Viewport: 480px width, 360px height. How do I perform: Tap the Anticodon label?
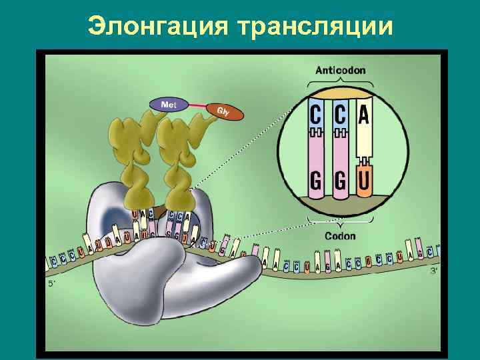(340, 70)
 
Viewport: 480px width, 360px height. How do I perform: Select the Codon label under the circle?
(340, 235)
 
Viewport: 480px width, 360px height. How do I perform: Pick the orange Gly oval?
(224, 111)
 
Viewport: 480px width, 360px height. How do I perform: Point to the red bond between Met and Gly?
(193, 106)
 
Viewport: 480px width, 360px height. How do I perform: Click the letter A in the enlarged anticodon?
(363, 115)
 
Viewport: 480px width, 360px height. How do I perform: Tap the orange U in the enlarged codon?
(363, 181)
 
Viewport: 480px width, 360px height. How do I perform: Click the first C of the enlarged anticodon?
(316, 115)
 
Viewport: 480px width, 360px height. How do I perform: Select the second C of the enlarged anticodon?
(340, 115)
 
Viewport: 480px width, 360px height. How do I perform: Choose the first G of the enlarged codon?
(316, 181)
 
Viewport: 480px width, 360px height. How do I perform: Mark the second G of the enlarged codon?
(340, 181)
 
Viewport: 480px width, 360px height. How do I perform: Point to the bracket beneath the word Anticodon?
(340, 81)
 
